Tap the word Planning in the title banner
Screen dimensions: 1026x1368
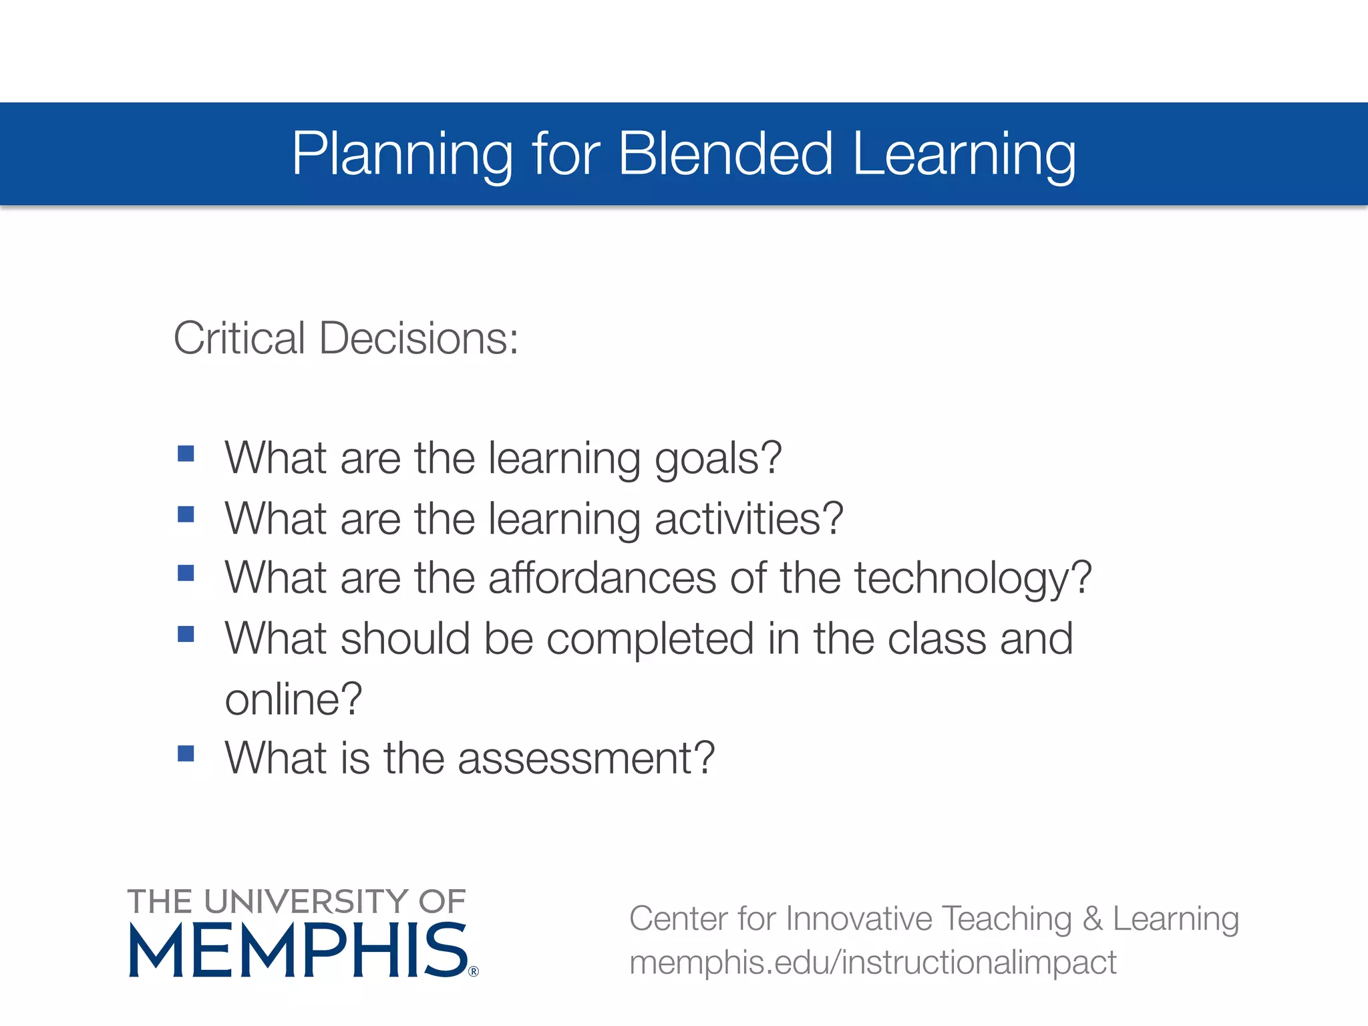point(401,155)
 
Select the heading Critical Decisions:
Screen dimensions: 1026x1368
point(345,338)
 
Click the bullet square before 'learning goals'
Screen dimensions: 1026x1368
point(186,454)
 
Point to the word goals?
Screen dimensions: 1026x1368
point(718,460)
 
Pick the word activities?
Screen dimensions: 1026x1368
point(749,519)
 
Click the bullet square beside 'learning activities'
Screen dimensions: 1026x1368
point(186,514)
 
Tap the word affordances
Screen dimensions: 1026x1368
point(602,578)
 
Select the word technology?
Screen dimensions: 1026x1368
point(973,579)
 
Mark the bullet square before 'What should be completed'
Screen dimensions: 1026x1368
point(186,633)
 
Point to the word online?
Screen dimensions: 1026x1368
point(293,699)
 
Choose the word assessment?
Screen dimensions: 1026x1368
point(586,758)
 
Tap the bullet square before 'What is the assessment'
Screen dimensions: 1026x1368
point(186,753)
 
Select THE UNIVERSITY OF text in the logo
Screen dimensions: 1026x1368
point(297,901)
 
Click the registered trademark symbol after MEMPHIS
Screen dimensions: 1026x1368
point(474,971)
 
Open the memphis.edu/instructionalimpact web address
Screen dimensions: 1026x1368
point(872,963)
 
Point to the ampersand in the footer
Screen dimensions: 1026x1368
point(1092,918)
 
